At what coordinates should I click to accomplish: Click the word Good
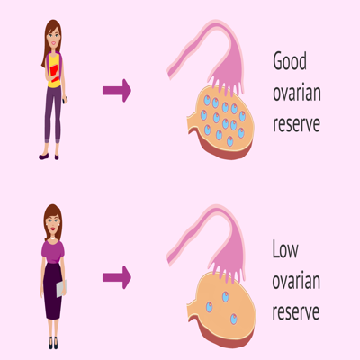tap(290, 61)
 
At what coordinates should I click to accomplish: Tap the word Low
tap(285, 249)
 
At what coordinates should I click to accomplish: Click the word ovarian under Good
tap(297, 93)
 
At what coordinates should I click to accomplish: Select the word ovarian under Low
tap(296, 281)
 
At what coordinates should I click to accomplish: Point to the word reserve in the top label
tap(296, 124)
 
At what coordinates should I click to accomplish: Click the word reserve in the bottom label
tap(296, 312)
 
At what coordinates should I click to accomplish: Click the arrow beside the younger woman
tap(117, 91)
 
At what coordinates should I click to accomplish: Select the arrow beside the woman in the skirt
tap(117, 277)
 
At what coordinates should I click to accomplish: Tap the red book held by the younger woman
tap(55, 73)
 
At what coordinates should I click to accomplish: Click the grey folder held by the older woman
tap(61, 288)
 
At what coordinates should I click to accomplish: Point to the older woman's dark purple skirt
tap(53, 291)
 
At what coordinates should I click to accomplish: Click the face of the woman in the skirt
tap(53, 223)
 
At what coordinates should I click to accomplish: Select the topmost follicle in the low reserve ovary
tap(225, 297)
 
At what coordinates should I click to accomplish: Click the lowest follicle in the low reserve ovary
tap(234, 319)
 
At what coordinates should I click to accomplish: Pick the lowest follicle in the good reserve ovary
tap(229, 141)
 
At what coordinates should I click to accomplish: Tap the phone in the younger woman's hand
tap(66, 100)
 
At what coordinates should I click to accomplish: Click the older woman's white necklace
tap(53, 238)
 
